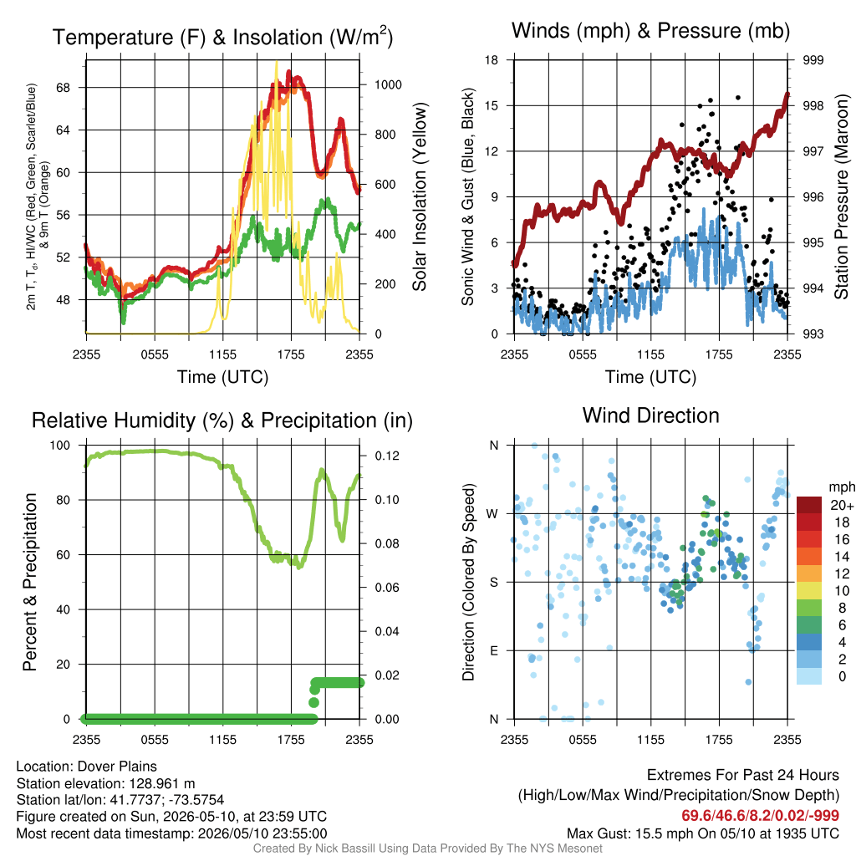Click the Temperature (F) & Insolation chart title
pos(222,37)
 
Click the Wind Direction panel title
pos(650,415)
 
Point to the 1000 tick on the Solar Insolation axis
pos(388,84)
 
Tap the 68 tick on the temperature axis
pos(64,87)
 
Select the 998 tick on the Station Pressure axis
pos(813,105)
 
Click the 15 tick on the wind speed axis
pos(492,105)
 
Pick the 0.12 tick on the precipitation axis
pos(387,456)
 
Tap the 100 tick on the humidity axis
pos(60,445)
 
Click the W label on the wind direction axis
pos(492,514)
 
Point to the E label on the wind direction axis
pos(493,650)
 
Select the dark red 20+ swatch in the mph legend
pos(809,505)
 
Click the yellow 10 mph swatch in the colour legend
pos(809,591)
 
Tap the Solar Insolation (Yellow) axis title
pos(420,196)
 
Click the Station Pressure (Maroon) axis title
pos(841,196)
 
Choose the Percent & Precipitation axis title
pos(29,582)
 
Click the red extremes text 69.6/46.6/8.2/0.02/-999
pos(760,815)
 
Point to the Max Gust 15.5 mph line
pos(702,833)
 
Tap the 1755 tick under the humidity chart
pos(291,740)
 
